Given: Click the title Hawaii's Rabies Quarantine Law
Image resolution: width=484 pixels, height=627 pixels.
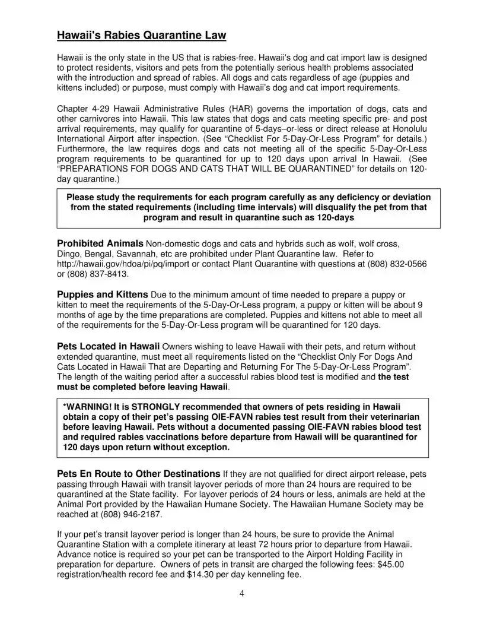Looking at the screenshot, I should pos(141,36).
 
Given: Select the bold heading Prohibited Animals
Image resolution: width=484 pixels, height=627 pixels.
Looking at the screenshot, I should pos(100,243).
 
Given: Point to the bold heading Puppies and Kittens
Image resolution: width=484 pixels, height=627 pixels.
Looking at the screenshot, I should pos(102,294).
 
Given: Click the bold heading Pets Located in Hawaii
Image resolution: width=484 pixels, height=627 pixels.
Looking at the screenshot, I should pos(108,346).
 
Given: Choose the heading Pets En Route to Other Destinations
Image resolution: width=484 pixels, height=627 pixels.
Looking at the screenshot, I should pos(138,474).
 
